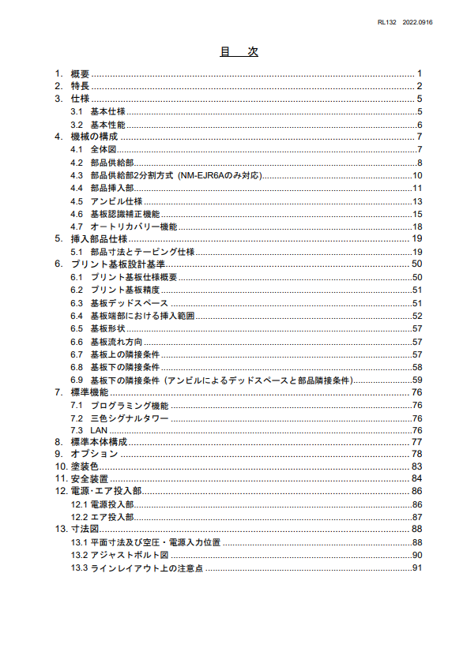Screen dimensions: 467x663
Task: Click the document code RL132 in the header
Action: [388, 22]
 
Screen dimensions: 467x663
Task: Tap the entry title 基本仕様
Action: [107, 111]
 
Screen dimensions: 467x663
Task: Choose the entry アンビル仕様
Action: [116, 201]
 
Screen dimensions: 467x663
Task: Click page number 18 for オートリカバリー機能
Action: [417, 227]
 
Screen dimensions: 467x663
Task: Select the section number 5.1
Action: [77, 252]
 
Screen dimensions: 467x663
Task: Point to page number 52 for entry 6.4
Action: [417, 316]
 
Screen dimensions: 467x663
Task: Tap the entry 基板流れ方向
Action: [116, 341]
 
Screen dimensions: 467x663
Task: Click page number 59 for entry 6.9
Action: [417, 380]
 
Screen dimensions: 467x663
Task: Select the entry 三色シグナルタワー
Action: [130, 418]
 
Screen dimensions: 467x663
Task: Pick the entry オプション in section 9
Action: [94, 455]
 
